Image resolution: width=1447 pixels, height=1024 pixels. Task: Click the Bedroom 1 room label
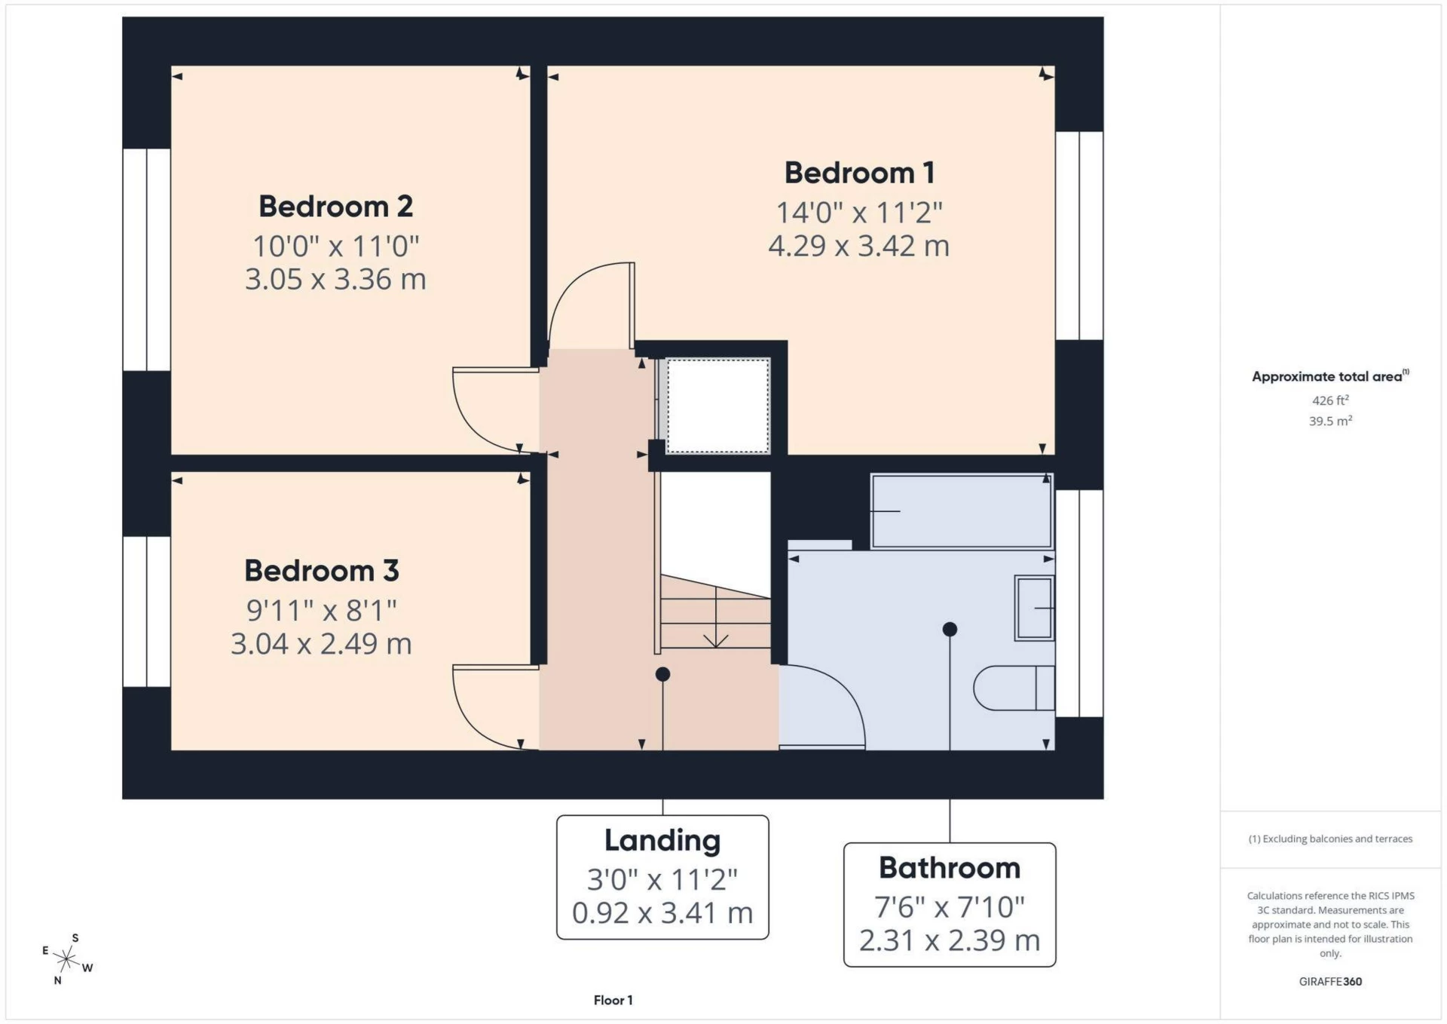coord(859,173)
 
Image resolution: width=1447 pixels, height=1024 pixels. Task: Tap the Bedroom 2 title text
coord(335,207)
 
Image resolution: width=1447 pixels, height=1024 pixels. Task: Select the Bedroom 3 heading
coord(321,571)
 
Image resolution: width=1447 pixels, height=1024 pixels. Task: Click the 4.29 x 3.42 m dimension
coord(858,246)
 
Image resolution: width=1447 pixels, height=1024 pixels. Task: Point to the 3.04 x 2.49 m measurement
coord(321,644)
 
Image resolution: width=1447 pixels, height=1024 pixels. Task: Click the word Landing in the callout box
coord(662,841)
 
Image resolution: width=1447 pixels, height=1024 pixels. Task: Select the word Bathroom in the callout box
coord(949,868)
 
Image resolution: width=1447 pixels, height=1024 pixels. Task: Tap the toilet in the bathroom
coord(1014,688)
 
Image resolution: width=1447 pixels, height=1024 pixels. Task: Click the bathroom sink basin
coord(1034,608)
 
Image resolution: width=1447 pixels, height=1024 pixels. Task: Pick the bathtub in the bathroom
coord(961,511)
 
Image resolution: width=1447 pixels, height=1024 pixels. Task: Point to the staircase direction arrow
coord(715,639)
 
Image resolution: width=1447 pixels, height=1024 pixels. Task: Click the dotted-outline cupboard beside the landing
coord(717,406)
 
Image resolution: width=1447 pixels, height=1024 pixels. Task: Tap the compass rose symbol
coord(67,959)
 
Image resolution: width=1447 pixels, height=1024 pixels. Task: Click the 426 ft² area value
coord(1330,400)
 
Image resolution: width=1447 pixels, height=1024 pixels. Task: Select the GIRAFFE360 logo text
coord(1330,981)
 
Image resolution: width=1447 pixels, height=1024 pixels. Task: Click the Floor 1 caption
coord(613,1000)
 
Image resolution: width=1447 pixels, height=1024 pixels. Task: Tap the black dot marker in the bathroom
coord(950,629)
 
